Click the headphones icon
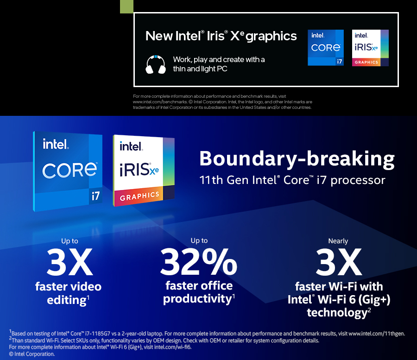pos(156,64)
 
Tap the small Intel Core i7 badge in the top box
pos(326,48)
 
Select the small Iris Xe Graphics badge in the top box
pos(370,48)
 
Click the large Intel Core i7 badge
pos(68,171)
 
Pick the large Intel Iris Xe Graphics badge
pos(144,171)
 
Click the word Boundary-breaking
pos(297,159)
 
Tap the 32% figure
pos(198,262)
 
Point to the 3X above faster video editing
pos(69,262)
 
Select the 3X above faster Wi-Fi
pos(339,262)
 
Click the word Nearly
pos(338,241)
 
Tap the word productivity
pos(197,299)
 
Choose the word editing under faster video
pos(66,300)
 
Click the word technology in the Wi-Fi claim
pos(337,313)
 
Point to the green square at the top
pos(126,6)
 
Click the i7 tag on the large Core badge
pos(95,196)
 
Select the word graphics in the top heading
pos(271,37)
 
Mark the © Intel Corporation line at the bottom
pos(32,354)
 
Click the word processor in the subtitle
pos(358,180)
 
